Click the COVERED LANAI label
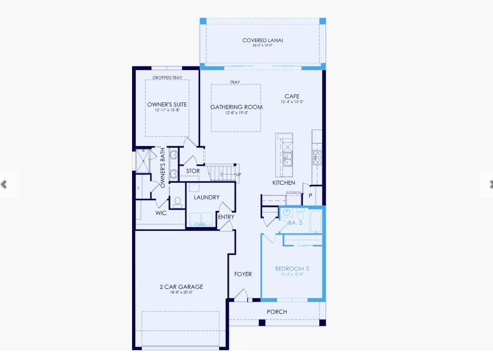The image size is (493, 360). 263,40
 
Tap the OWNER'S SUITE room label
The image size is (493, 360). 167,104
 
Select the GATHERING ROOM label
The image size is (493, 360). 237,107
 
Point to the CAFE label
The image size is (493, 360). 292,96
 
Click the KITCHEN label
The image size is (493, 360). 284,183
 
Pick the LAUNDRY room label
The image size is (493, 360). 207,197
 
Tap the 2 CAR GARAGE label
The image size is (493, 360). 181,287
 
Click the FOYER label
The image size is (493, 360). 243,274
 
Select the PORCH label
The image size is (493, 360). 277,312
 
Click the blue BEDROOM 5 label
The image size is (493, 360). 292,269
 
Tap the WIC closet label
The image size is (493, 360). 161,213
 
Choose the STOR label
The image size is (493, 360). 193,171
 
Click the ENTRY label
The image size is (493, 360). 226,217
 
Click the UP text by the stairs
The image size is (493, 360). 239,175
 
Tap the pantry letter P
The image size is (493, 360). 310,196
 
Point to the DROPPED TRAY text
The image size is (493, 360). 167,78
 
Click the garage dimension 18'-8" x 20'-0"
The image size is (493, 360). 181,293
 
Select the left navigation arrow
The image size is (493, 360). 5,184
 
